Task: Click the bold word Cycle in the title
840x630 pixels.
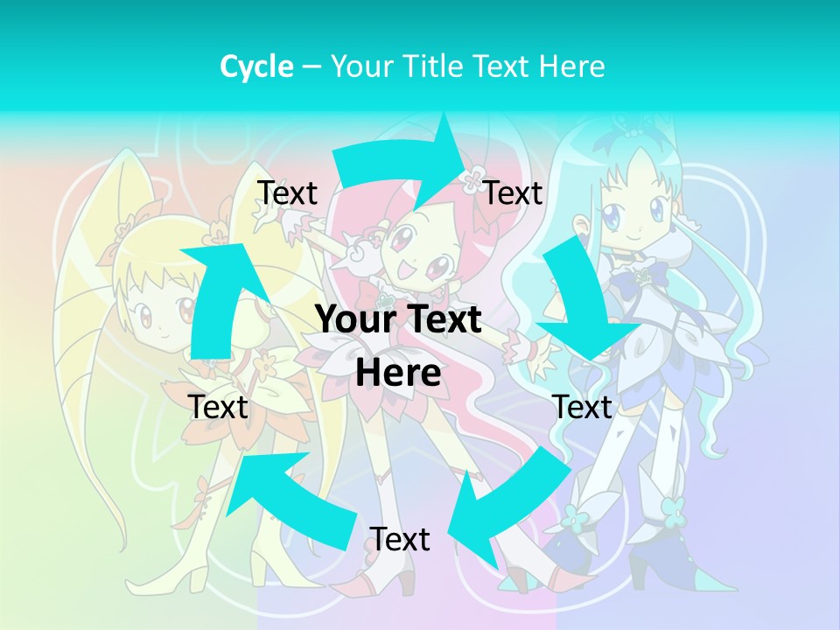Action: [x=255, y=66]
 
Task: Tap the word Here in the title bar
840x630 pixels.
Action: [x=570, y=66]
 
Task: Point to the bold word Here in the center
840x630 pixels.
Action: [x=398, y=373]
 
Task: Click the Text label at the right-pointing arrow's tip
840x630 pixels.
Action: [x=513, y=192]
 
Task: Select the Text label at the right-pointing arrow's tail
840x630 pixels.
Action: [x=287, y=192]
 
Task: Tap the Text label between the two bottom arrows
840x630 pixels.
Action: [x=399, y=539]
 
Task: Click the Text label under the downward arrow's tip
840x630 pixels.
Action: [x=582, y=407]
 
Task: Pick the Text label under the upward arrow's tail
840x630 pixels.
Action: [x=218, y=407]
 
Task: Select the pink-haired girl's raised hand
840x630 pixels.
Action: [x=357, y=252]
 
